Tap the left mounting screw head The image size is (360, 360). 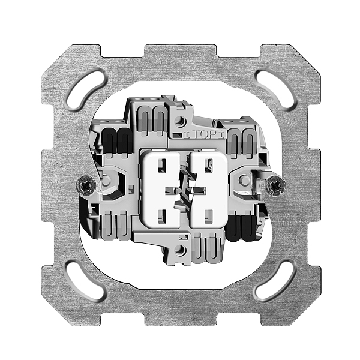coord(86,185)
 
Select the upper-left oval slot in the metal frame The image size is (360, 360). coord(87,91)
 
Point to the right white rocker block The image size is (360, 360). coord(208,190)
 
